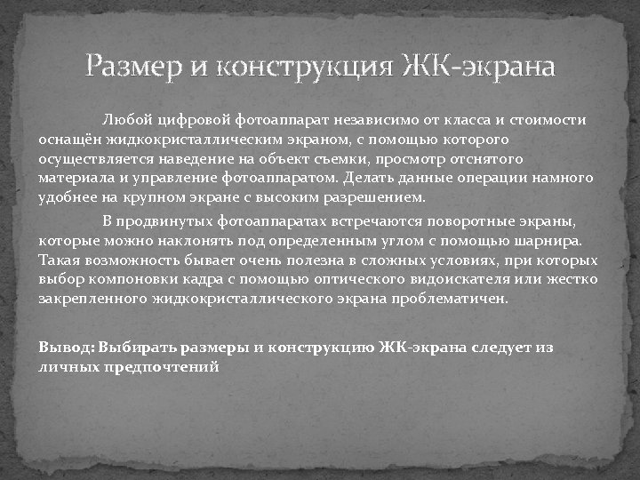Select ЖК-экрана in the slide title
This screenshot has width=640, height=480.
click(x=479, y=68)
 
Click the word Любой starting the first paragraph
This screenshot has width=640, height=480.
click(x=128, y=120)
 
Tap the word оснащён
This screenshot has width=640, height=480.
click(x=69, y=140)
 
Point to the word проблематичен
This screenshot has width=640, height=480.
click(x=454, y=300)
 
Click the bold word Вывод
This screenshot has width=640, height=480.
click(x=66, y=348)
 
